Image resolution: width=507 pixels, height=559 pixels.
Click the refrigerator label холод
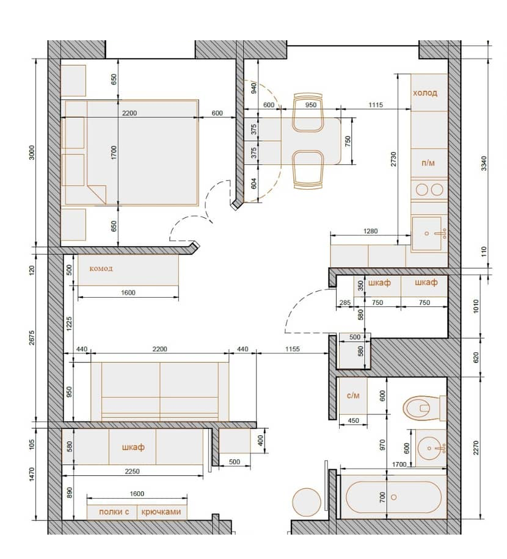coord(425,93)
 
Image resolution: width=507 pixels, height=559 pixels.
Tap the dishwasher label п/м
coord(428,163)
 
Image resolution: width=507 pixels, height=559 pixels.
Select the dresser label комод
coord(101,269)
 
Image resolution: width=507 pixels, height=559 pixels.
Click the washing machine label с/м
coord(353,395)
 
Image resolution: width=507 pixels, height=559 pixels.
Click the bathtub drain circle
coord(394,497)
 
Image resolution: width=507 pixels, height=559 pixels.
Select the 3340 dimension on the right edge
coord(484,164)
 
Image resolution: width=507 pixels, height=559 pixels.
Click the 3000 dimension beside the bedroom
coord(32,152)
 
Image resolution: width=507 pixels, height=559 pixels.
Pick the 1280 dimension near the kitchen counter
coord(370,231)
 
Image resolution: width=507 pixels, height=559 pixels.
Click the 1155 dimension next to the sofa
coord(292,349)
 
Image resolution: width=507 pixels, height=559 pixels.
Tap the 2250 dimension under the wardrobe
coord(132,471)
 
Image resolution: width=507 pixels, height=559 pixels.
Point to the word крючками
coord(161,512)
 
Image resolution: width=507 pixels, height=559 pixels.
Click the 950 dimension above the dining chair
coord(311,105)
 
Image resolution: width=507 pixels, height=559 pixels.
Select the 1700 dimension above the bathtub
coord(399,464)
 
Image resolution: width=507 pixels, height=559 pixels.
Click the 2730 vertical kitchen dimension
coord(393,159)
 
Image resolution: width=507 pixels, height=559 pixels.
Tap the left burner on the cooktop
coord(421,190)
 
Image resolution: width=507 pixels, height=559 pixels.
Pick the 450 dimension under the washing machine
coord(353,420)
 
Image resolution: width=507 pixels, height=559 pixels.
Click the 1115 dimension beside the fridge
coord(376,105)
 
